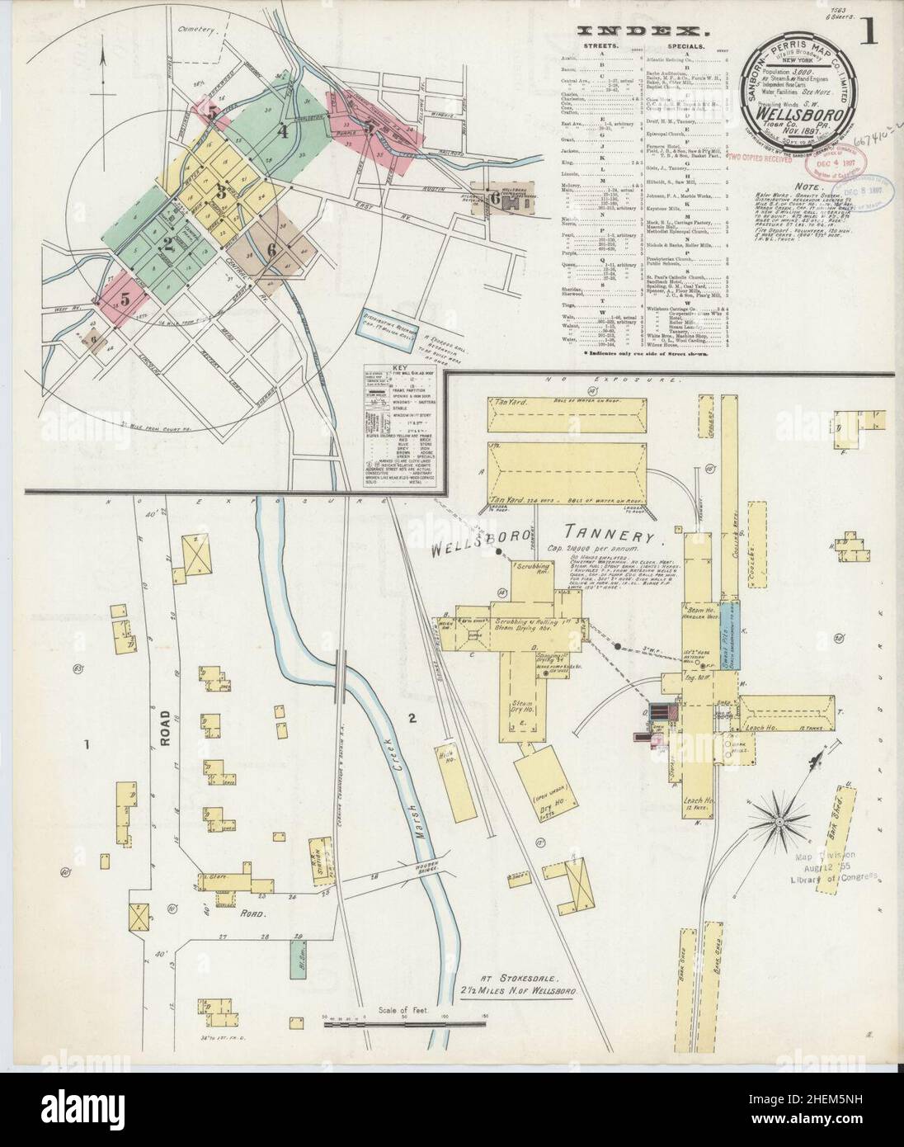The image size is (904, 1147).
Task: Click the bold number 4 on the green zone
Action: click(283, 130)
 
